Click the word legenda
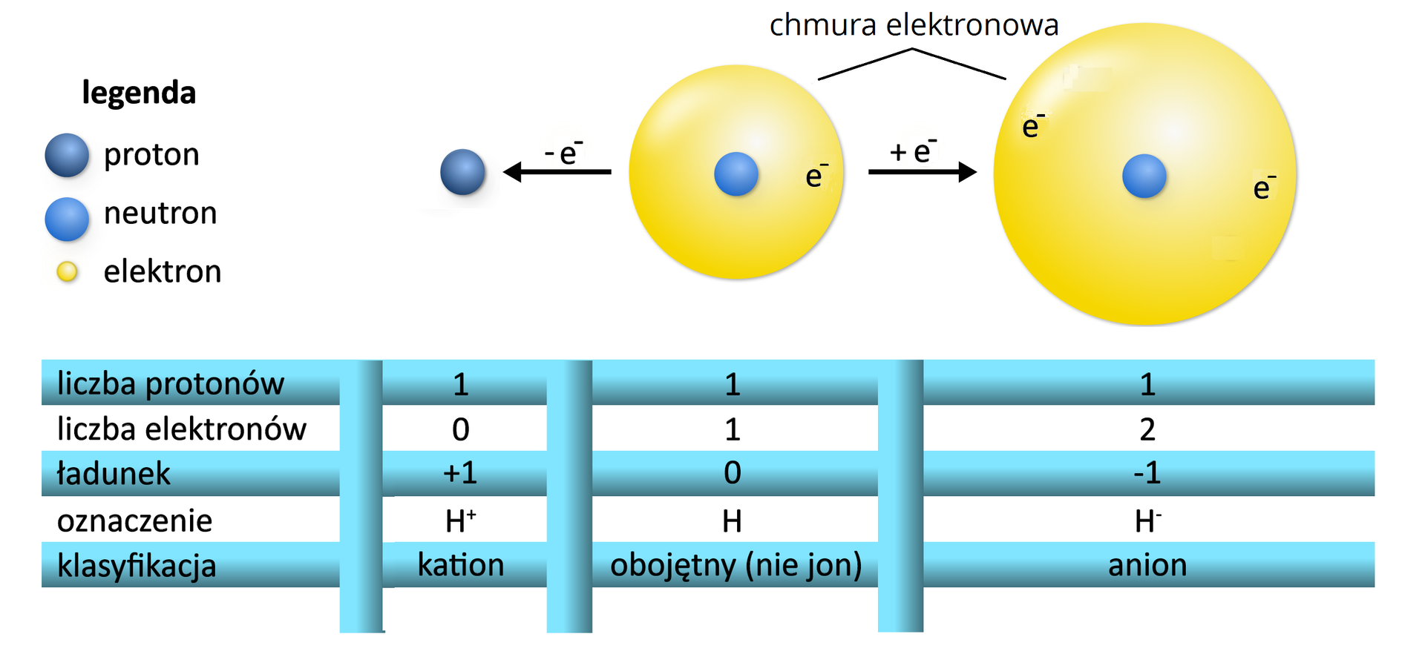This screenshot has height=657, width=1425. (139, 93)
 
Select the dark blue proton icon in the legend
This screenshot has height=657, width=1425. (67, 155)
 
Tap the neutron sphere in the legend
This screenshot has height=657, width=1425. (67, 219)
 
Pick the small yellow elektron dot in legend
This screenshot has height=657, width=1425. (67, 272)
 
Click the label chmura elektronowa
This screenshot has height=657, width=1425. (914, 25)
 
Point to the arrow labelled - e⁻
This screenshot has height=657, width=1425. (557, 172)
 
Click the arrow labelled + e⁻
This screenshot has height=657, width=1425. (922, 172)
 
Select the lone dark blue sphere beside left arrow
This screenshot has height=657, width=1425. (462, 172)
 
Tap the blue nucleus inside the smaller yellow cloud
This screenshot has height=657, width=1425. (736, 174)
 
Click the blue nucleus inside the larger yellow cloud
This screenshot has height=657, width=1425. (1144, 176)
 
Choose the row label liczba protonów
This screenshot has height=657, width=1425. (170, 384)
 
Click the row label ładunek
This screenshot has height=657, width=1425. (114, 474)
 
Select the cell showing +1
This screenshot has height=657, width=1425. (460, 473)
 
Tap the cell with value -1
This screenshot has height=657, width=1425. (1147, 473)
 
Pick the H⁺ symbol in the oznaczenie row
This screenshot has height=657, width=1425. (460, 521)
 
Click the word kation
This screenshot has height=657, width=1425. (460, 565)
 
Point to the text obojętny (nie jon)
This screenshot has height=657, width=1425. (736, 565)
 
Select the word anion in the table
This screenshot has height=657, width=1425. (1147, 565)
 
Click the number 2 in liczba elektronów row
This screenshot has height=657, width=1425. (1147, 429)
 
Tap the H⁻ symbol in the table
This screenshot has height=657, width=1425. (1147, 521)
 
